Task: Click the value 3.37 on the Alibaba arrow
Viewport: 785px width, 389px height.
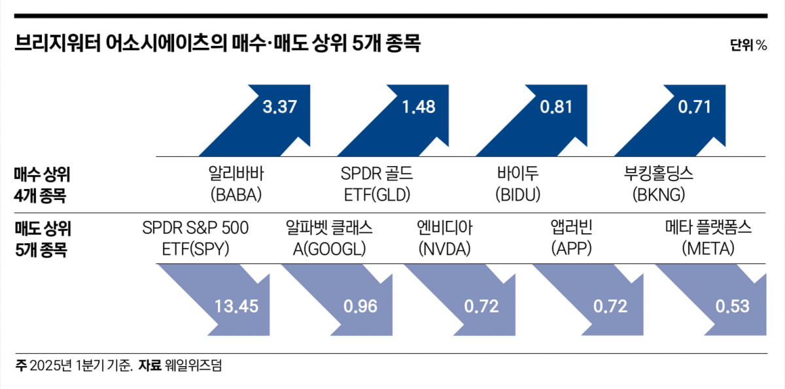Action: pos(279,107)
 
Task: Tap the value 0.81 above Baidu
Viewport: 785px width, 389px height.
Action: pos(555,107)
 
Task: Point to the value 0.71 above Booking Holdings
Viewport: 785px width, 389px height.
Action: pos(693,107)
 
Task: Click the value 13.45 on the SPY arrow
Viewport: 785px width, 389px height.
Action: pos(236,306)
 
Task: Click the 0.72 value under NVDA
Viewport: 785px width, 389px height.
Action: pos(481,306)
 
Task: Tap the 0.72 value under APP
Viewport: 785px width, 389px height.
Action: pos(610,306)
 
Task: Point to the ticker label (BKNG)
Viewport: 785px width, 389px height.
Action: pos(659,195)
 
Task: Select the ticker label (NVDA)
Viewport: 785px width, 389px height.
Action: pos(445,249)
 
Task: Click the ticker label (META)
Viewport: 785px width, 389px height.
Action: pos(708,249)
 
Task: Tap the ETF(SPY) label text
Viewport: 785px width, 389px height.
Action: pos(195,249)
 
